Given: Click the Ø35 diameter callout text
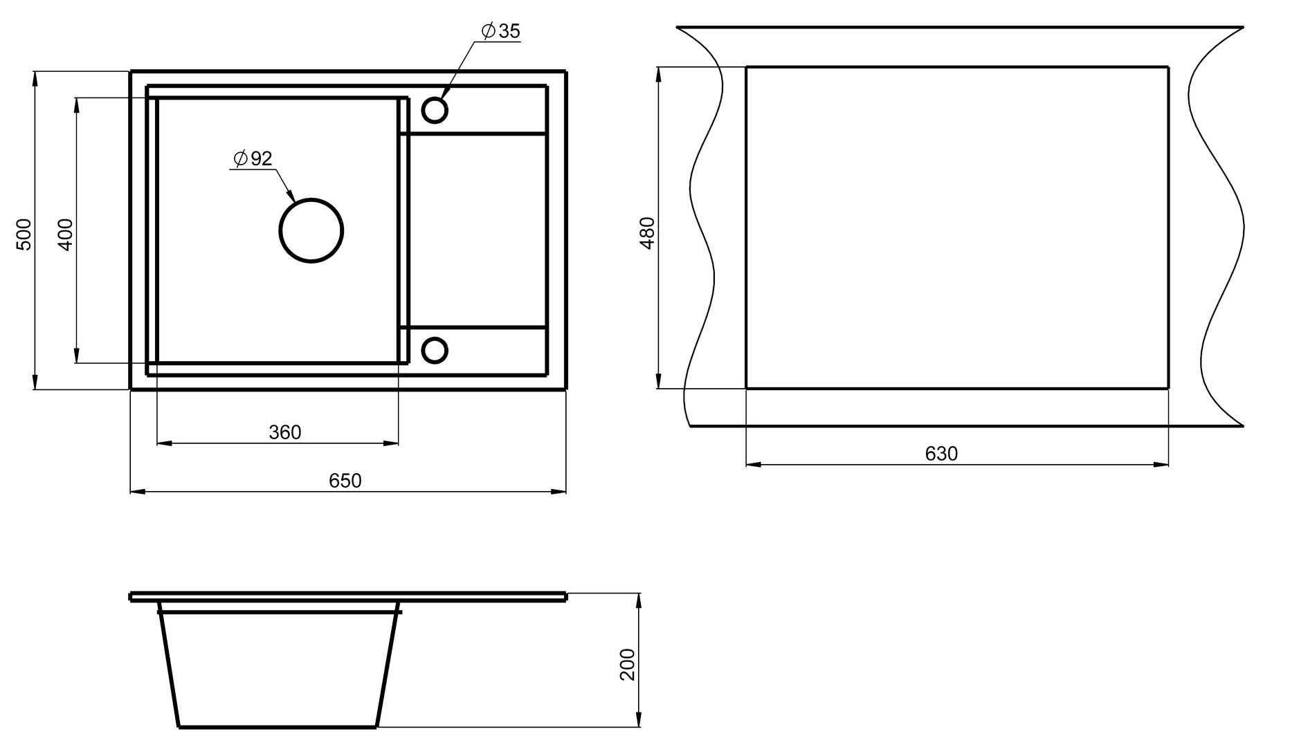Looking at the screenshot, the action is pos(500,31).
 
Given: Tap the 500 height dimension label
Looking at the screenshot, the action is pos(24,234).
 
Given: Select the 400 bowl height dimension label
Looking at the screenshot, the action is pos(65,234).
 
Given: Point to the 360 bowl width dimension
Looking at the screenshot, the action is pos(285,432).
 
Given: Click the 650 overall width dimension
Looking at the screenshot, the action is pos(345,480).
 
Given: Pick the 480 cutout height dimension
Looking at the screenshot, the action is pos(647,232).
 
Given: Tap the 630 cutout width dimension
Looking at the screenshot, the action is pos(941,454).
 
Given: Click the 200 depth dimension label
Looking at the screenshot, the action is pos(628,664).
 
